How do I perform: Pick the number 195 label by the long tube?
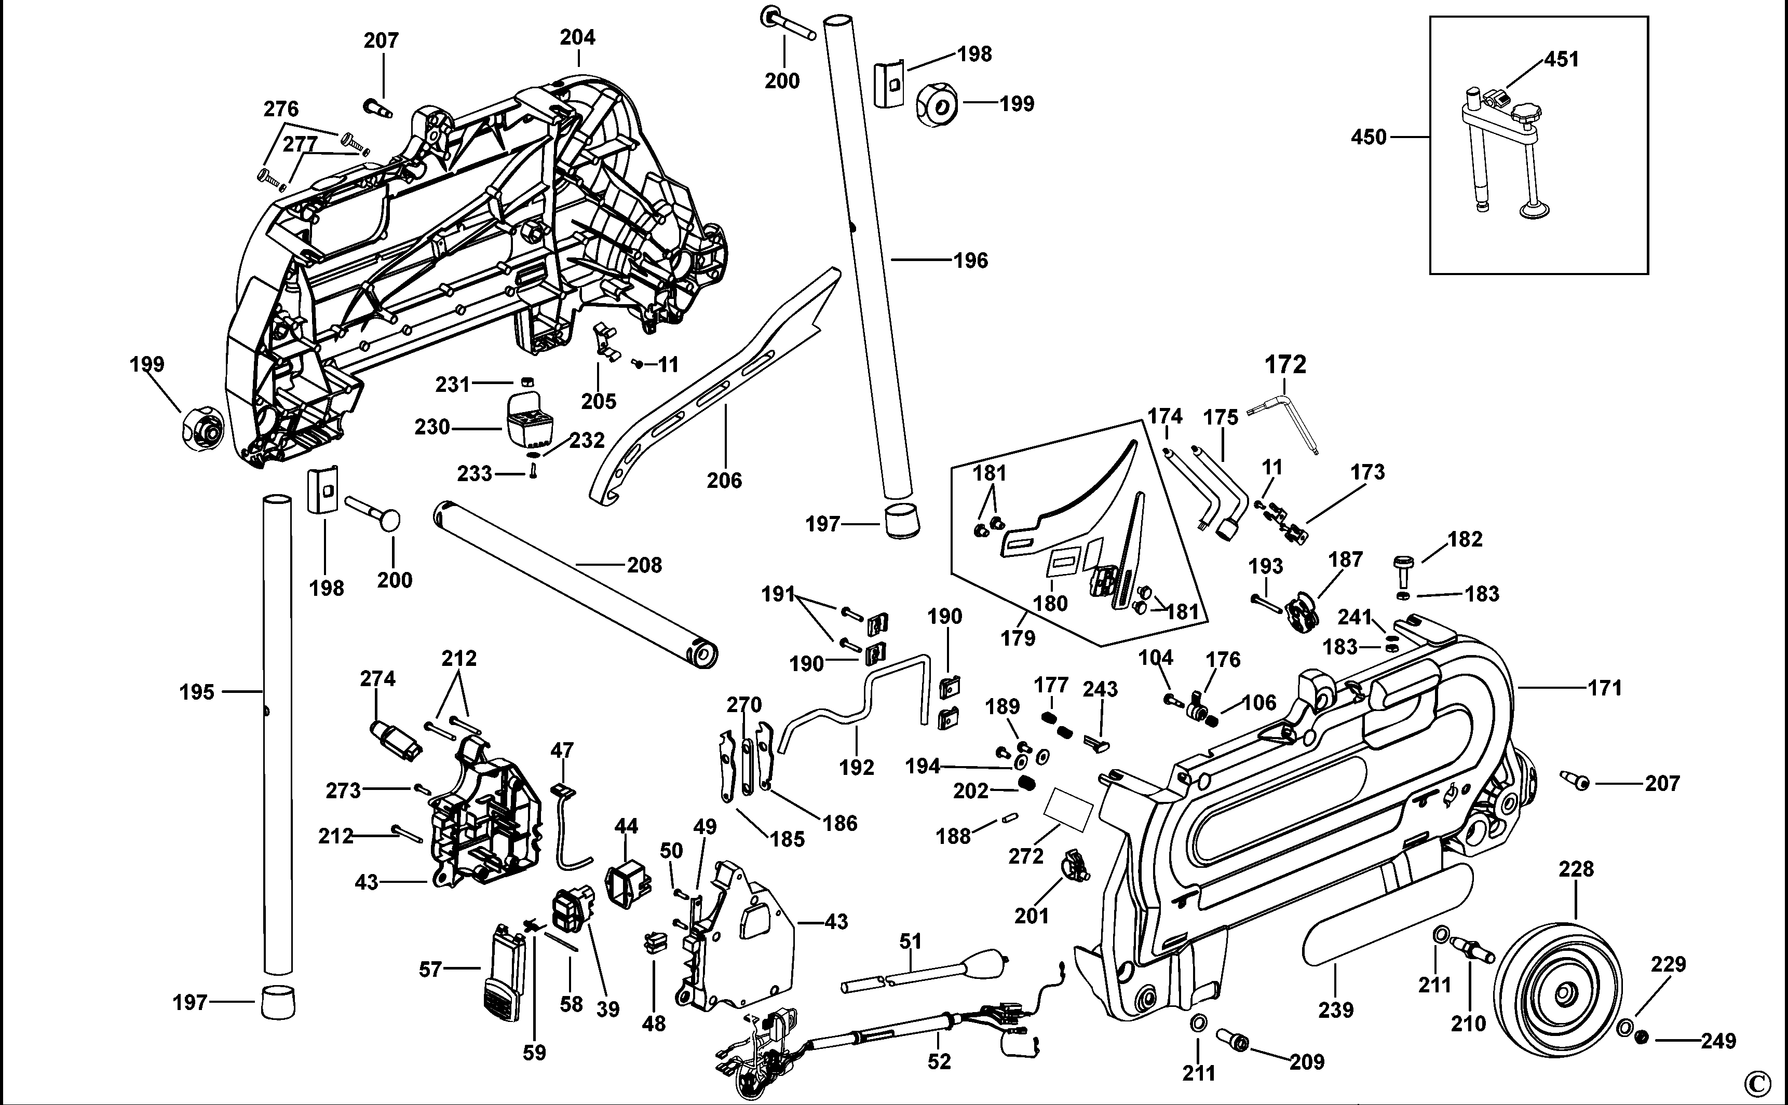point(197,691)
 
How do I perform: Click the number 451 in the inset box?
point(1562,59)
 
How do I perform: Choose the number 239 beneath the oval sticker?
point(1335,1010)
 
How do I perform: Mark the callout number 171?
point(1605,688)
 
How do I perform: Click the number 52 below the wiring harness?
point(939,1061)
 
